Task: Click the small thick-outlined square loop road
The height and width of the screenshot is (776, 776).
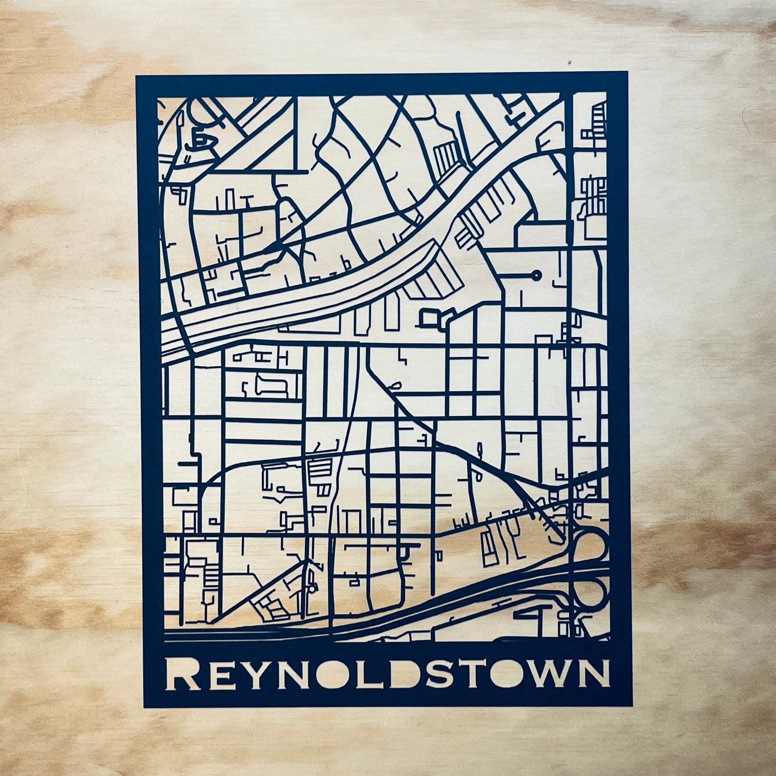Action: pyautogui.click(x=430, y=318)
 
